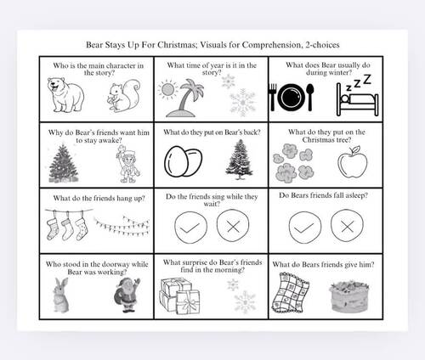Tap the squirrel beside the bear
[x=124, y=96]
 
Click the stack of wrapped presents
[x=179, y=296]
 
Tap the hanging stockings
[x=66, y=225]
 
